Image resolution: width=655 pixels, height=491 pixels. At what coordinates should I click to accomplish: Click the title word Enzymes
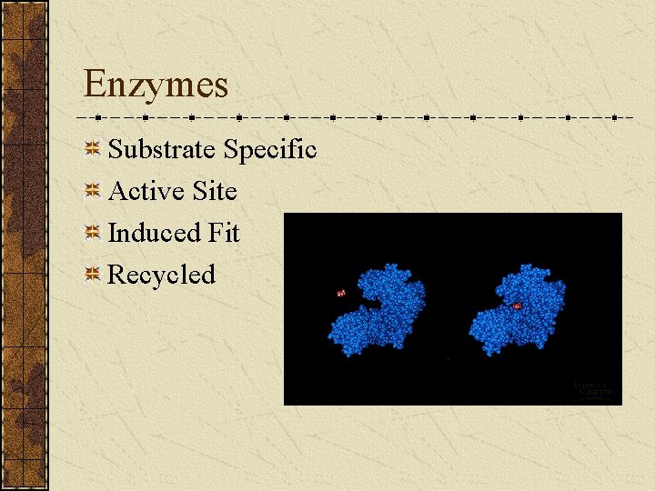tap(156, 85)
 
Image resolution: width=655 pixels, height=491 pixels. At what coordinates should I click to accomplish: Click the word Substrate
tap(162, 149)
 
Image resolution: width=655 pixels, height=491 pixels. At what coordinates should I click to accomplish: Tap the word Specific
tap(269, 149)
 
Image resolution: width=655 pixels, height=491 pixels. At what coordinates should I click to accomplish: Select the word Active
tap(147, 191)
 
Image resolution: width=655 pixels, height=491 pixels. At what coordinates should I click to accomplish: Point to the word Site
tap(215, 191)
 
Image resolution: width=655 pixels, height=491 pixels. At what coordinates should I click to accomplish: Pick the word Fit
tap(223, 233)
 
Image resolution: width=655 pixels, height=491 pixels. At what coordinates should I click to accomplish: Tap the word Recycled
tap(162, 275)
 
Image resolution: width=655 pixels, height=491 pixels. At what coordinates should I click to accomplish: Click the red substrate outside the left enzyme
tap(341, 293)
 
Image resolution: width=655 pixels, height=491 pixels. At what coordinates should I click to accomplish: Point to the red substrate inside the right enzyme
tap(517, 306)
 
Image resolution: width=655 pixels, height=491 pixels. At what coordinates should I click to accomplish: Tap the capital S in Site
tap(200, 191)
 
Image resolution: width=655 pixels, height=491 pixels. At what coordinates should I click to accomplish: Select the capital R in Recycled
tap(117, 275)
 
